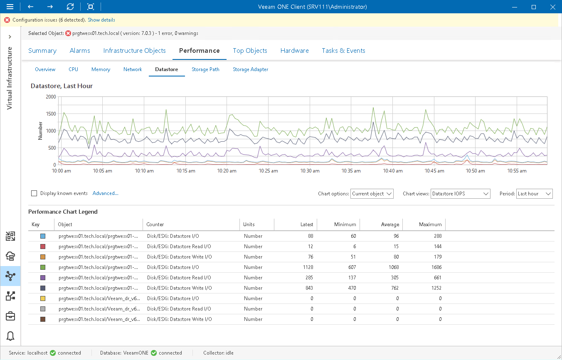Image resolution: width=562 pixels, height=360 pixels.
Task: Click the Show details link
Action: tap(101, 20)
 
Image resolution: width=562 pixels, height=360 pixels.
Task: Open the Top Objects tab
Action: tap(250, 51)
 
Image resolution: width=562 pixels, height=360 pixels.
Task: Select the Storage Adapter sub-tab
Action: tap(250, 69)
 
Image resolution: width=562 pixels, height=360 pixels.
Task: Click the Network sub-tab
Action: tap(133, 69)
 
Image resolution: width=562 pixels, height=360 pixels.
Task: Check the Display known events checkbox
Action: tap(34, 193)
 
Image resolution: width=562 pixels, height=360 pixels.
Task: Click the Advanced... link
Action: tap(106, 193)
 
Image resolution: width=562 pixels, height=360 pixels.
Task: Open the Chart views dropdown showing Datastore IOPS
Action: tap(460, 194)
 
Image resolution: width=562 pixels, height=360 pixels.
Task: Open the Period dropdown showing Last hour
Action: tap(534, 194)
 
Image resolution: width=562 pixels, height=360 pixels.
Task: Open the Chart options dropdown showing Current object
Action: tap(372, 194)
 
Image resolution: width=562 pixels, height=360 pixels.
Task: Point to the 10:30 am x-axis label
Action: tap(310, 171)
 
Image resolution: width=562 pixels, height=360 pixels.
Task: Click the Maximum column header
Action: tap(430, 224)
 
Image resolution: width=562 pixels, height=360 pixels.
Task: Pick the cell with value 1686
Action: tap(435, 267)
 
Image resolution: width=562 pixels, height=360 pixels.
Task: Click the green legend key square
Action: tap(42, 267)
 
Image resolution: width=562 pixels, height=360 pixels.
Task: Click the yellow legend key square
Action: tap(42, 298)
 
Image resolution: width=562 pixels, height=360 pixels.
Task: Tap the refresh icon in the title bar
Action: tap(70, 7)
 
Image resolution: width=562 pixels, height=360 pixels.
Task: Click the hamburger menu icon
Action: tap(10, 7)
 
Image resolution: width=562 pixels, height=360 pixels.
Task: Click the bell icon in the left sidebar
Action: tap(10, 336)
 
